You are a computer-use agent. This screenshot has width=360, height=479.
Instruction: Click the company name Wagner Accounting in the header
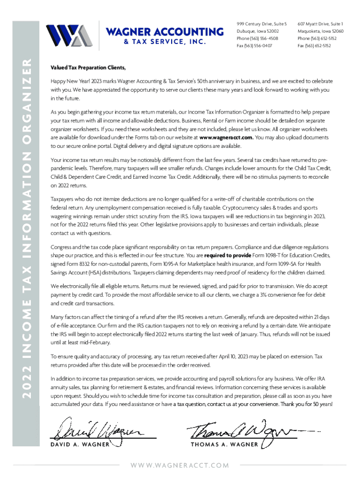click(165, 32)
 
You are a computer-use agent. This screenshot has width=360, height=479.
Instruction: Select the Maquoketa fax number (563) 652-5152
click(314, 46)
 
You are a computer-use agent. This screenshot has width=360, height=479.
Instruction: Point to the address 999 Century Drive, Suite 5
click(261, 23)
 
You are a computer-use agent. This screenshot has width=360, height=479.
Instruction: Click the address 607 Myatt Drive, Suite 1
click(320, 23)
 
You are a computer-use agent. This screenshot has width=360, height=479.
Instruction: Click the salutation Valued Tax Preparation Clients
click(88, 67)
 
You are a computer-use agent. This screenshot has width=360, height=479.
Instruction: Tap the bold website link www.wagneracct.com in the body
click(226, 138)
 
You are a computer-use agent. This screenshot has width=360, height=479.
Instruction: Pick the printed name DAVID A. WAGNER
click(80, 444)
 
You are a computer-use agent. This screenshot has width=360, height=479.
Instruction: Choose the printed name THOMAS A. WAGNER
click(224, 444)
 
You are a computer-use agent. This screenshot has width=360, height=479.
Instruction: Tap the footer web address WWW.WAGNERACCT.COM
click(180, 465)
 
